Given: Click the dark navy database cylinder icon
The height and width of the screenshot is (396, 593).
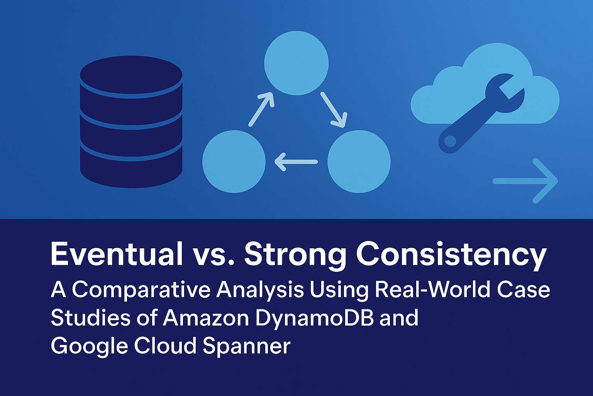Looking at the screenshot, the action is [x=131, y=122].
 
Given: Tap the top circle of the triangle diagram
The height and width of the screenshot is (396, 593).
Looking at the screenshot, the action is [x=296, y=63].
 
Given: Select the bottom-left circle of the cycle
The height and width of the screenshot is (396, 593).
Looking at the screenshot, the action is [x=234, y=162].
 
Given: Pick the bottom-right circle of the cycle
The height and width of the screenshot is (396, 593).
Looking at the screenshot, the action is [x=359, y=162].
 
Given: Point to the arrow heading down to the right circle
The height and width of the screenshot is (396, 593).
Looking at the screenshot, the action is [x=334, y=109].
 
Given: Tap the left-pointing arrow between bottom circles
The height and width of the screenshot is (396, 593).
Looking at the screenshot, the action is [x=296, y=162].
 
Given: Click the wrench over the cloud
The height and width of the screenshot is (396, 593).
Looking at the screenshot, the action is [x=481, y=114].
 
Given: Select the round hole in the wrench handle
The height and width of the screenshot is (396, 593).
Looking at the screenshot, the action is [x=450, y=142].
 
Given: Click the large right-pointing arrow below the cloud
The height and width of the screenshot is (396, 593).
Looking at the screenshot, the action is [x=525, y=181].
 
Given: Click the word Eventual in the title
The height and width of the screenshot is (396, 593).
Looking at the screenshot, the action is [x=117, y=254].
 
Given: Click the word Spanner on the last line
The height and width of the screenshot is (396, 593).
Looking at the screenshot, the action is [x=247, y=346].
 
